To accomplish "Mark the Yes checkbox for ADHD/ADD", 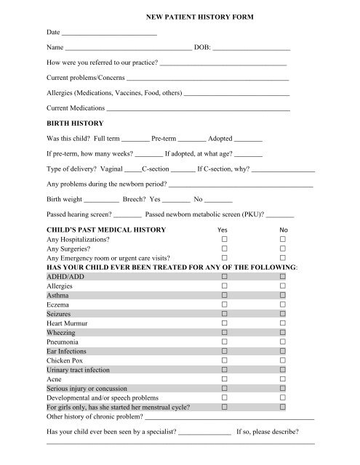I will pyautogui.click(x=225, y=277).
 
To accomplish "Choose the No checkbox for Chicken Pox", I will pyautogui.click(x=284, y=358).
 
